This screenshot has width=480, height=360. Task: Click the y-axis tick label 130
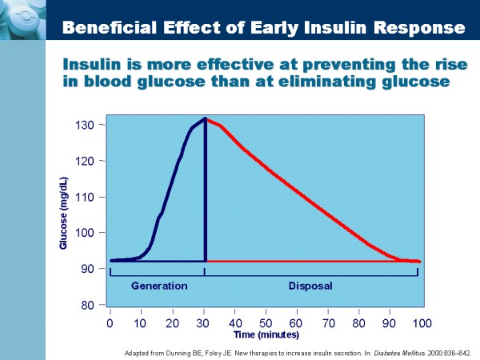(86, 125)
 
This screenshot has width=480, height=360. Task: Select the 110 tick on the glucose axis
(86, 197)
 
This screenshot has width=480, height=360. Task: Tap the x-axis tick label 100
(422, 322)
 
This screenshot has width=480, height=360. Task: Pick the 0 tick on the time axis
(110, 322)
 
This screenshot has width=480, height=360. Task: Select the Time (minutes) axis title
(266, 334)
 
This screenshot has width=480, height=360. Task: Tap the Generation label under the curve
(158, 285)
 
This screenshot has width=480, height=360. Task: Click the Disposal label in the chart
(310, 285)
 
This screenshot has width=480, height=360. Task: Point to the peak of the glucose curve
(205, 119)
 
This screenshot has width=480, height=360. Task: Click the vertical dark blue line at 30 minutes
(206, 192)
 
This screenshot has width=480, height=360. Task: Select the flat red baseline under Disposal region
(312, 261)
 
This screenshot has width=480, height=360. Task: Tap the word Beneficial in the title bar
(102, 28)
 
